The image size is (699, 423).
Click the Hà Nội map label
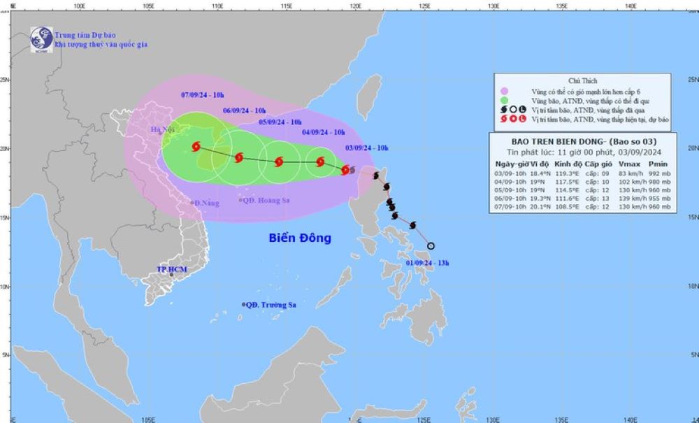pyautogui.click(x=161, y=130)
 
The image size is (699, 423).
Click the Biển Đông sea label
pyautogui.click(x=300, y=238)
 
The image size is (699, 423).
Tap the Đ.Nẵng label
pyautogui.click(x=206, y=203)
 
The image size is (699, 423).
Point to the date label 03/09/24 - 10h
pyautogui.click(x=367, y=148)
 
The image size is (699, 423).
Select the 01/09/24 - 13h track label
pyautogui.click(x=427, y=262)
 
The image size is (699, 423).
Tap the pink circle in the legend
pyautogui.click(x=503, y=92)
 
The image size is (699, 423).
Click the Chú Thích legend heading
pyautogui.click(x=582, y=81)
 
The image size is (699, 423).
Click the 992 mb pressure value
pyautogui.click(x=658, y=171)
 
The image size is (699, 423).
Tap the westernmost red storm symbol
pyautogui.click(x=196, y=147)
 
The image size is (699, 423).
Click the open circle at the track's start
pyautogui.click(x=431, y=246)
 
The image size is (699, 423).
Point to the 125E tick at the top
pyautogui.click(x=424, y=6)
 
